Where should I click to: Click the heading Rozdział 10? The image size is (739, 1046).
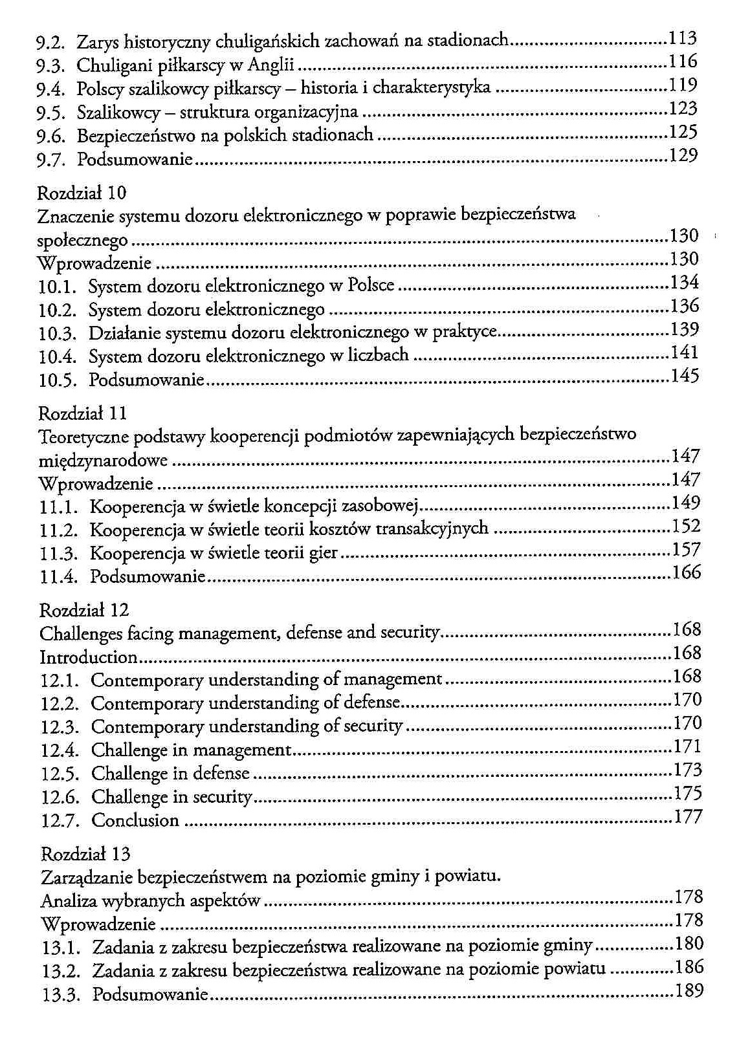pyautogui.click(x=82, y=193)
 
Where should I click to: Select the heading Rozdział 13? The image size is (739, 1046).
pyautogui.click(x=85, y=854)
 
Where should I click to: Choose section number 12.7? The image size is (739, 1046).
pyautogui.click(x=60, y=821)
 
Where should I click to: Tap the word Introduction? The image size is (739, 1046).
pyautogui.click(x=89, y=657)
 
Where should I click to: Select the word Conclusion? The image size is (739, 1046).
pyautogui.click(x=135, y=820)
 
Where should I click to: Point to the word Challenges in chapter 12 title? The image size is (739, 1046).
pyautogui.click(x=81, y=634)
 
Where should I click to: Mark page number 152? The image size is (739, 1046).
pyautogui.click(x=686, y=526)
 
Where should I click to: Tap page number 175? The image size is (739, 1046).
pyautogui.click(x=688, y=793)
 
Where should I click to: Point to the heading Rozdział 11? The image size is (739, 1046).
pyautogui.click(x=83, y=413)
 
